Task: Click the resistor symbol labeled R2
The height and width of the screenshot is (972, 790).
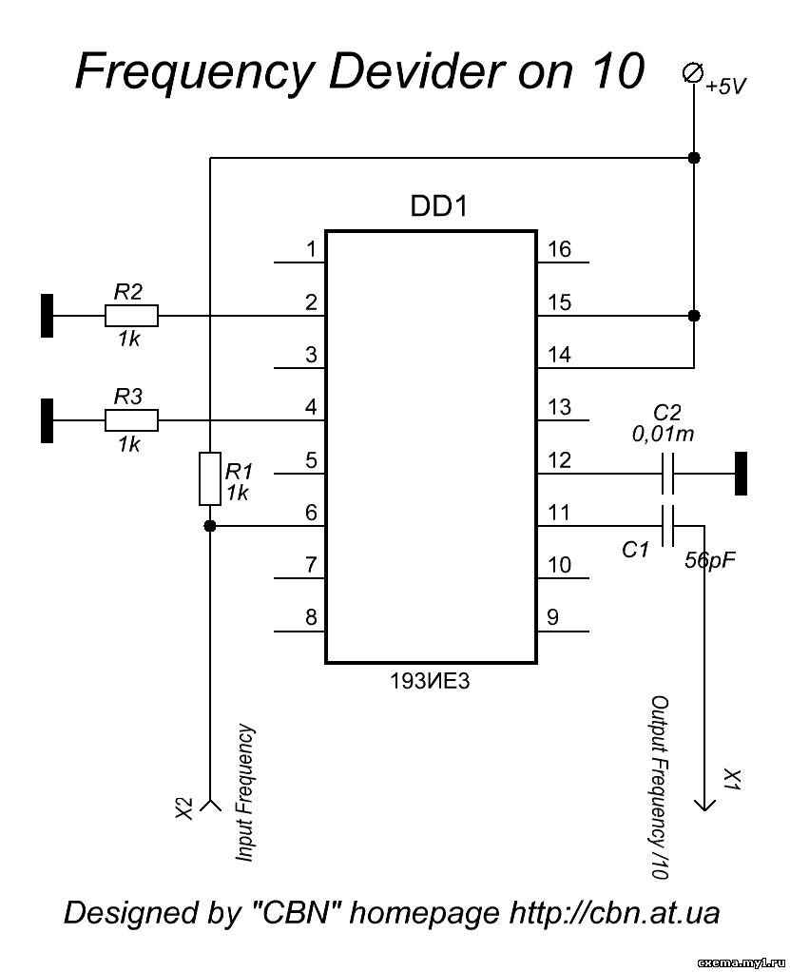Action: pos(131,316)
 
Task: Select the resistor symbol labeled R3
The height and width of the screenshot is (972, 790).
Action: pos(131,421)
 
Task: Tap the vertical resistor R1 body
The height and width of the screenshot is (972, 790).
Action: pos(210,478)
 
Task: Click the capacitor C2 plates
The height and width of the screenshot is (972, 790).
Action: pos(667,474)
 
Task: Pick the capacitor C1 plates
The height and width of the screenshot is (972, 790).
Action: pos(667,526)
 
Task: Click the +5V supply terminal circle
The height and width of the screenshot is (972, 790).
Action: pos(693,73)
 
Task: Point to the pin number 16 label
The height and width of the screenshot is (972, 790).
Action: pos(559,249)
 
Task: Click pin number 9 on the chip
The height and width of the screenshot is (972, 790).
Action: pos(552,617)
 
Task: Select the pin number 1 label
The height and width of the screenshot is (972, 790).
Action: pos(311,249)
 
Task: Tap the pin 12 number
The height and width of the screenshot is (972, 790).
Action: pos(559,460)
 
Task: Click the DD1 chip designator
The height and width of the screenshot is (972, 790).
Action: pos(438,206)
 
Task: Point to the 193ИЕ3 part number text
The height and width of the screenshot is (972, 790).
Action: pos(430,681)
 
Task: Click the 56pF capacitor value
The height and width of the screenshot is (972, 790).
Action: pos(710,560)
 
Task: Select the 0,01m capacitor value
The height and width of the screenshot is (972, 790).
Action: pos(663,434)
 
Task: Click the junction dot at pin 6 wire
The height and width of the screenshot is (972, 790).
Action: pos(210,526)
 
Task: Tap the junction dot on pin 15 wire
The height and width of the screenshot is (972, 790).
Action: pos(694,316)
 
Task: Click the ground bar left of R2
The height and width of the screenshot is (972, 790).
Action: pos(48,316)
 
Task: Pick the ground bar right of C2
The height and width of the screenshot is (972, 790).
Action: pos(741,474)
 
